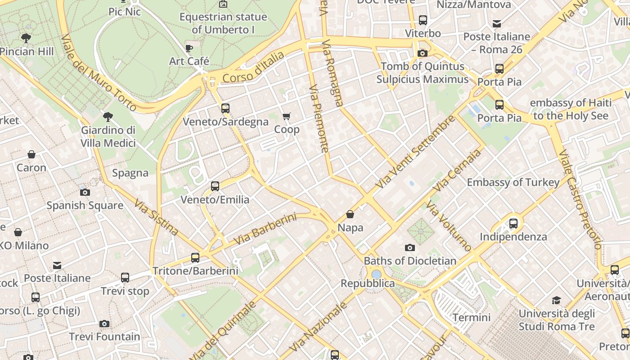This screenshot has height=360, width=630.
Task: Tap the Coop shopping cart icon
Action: pos(287,117)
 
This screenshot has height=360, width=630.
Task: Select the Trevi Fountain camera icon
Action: pos(104,324)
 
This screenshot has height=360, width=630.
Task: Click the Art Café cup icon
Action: pos(189,48)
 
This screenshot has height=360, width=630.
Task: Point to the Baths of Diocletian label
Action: pos(410,261)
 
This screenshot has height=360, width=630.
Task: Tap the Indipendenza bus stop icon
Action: pos(513,223)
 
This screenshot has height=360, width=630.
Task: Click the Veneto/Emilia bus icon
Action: pos(215,186)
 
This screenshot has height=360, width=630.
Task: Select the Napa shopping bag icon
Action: pos(350,215)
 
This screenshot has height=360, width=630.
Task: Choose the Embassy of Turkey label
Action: pos(513,182)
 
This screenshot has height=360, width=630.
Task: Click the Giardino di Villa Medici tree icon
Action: pos(108,117)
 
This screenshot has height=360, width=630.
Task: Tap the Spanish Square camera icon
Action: pos(85,193)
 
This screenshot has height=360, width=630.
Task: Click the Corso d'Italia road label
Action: pos(253,67)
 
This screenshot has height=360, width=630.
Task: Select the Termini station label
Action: pos(471,317)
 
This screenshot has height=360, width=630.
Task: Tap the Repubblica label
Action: pos(368,283)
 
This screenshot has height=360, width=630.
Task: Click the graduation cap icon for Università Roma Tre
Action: pos(557,300)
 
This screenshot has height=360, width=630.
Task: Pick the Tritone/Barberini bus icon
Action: pos(195,258)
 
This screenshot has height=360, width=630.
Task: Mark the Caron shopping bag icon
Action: pos(31,155)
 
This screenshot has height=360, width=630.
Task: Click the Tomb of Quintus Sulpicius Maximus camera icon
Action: pos(422,54)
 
